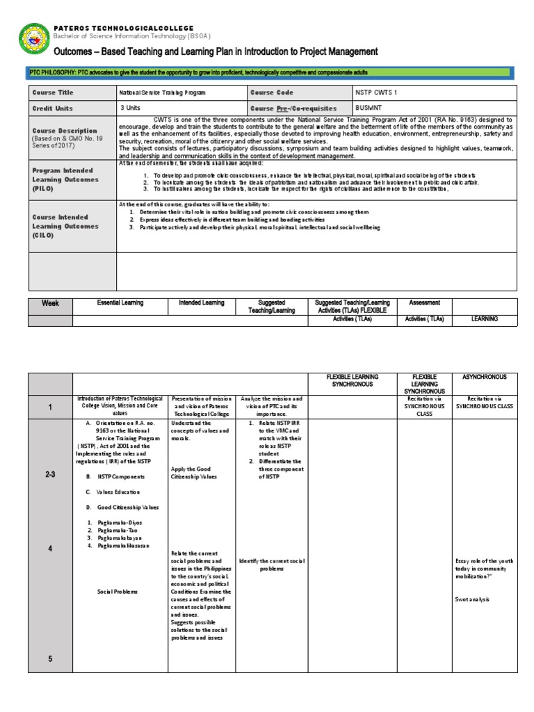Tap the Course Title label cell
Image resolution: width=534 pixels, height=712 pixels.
pyautogui.click(x=53, y=92)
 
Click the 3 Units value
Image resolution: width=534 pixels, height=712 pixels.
pyautogui.click(x=131, y=108)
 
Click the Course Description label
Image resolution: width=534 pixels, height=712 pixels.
pyautogui.click(x=65, y=131)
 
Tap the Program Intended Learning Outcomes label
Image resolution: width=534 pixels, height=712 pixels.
pyautogui.click(x=65, y=179)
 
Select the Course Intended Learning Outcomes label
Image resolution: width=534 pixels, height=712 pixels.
pyautogui.click(x=65, y=226)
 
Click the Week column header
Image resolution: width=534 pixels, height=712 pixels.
pyautogui.click(x=51, y=303)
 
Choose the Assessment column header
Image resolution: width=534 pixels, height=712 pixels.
pyautogui.click(x=424, y=303)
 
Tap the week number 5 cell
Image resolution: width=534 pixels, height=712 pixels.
pyautogui.click(x=51, y=659)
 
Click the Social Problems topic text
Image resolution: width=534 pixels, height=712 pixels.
pyautogui.click(x=118, y=592)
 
